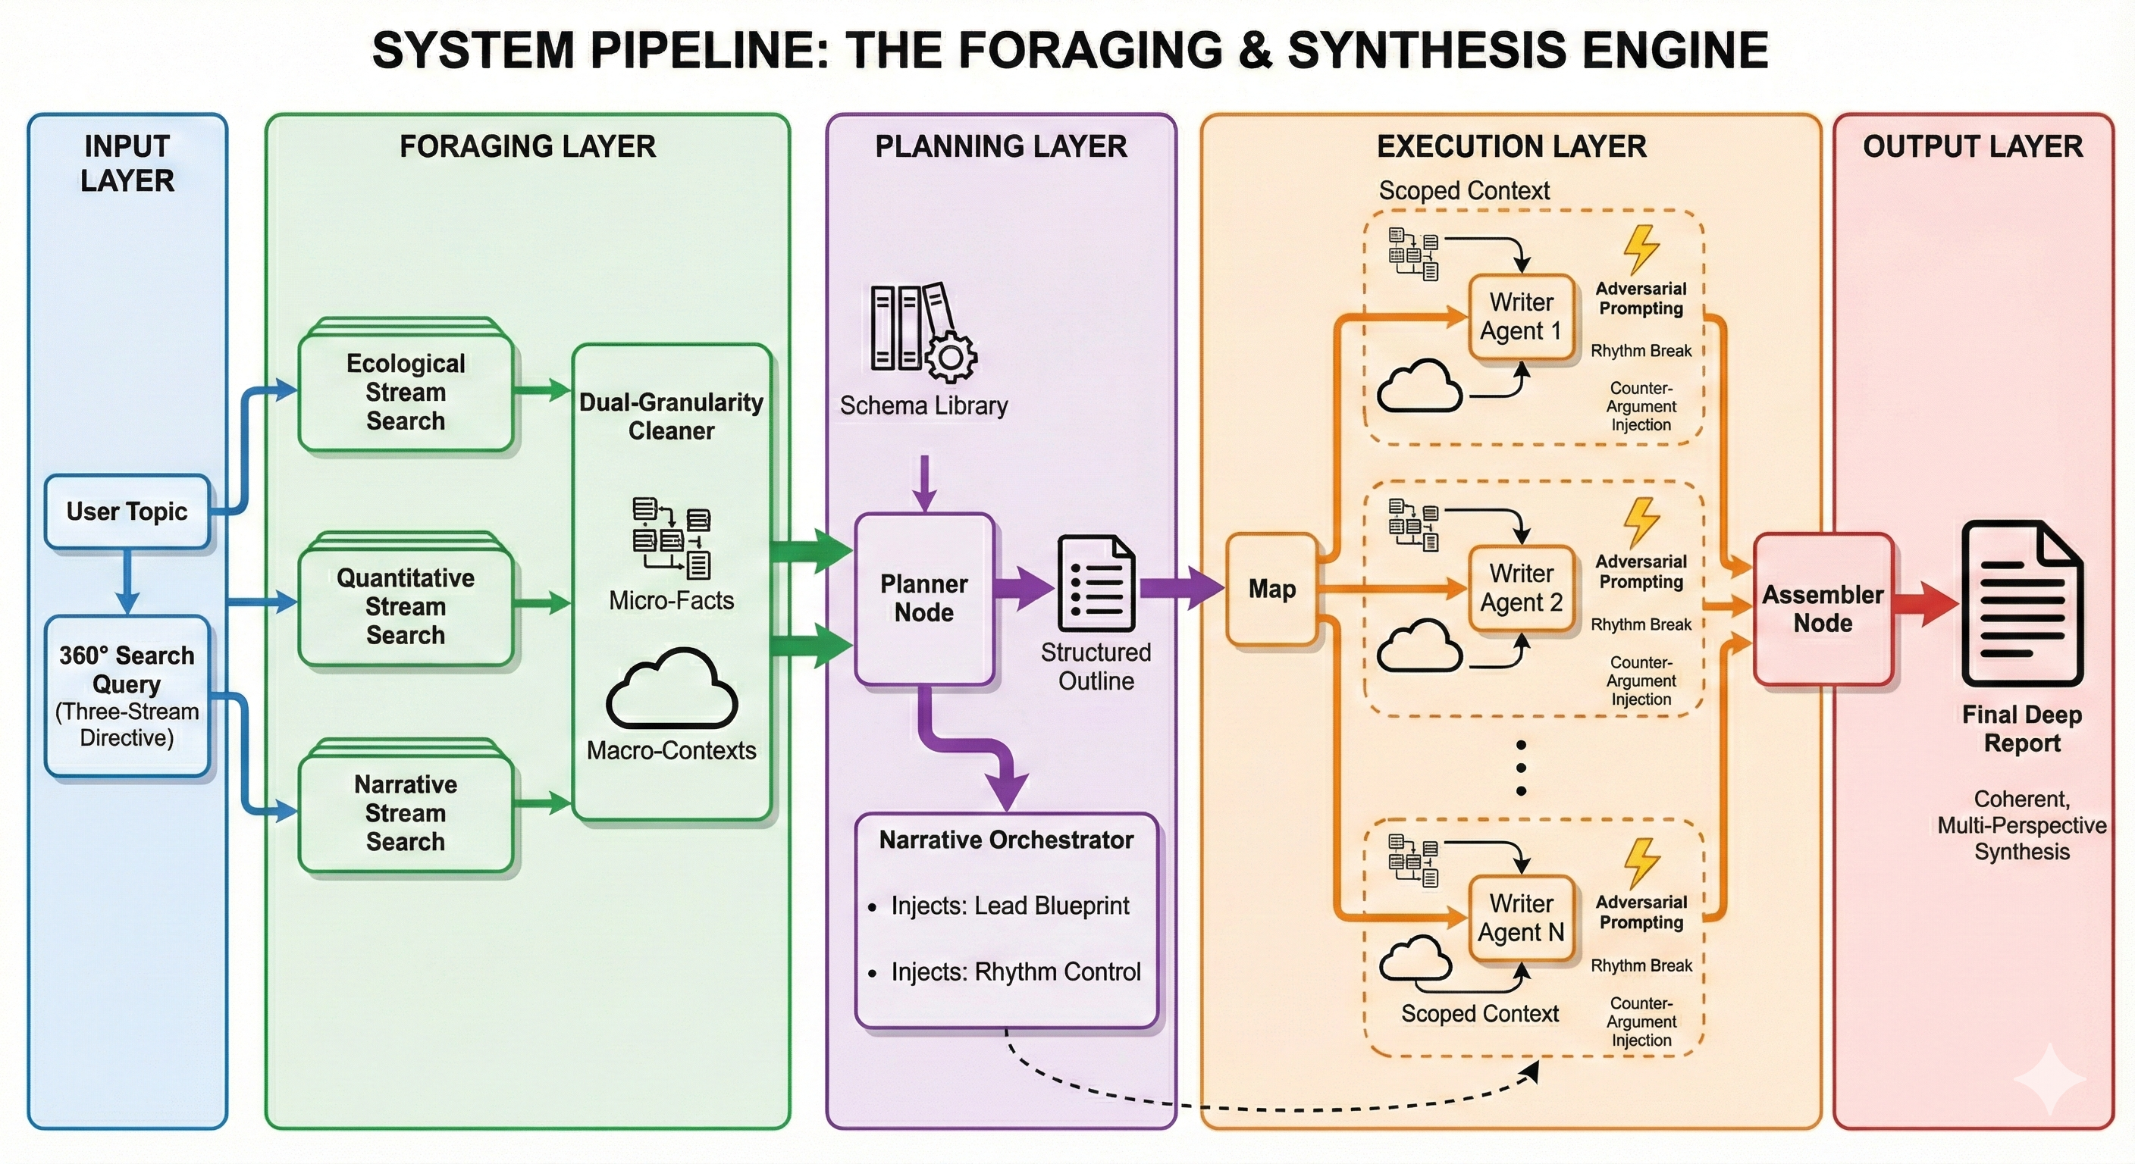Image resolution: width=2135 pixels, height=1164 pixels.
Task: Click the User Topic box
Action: point(127,512)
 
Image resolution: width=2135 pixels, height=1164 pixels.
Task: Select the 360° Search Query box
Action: point(127,696)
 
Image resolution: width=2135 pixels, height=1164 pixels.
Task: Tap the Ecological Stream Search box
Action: point(406,392)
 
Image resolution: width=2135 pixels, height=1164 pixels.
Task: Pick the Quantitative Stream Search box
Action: point(406,605)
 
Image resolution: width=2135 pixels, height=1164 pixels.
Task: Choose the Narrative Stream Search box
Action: point(406,812)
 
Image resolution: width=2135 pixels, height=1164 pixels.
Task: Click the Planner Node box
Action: point(924,598)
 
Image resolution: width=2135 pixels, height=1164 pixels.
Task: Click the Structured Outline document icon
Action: point(1096,585)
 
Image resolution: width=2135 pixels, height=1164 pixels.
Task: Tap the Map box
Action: point(1271,589)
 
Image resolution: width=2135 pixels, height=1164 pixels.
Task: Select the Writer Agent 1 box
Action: point(1521,317)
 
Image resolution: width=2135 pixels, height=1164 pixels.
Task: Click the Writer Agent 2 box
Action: point(1521,587)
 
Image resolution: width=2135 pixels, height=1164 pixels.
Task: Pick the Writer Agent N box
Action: point(1521,918)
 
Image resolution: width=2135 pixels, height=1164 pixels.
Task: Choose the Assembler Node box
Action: point(1823,609)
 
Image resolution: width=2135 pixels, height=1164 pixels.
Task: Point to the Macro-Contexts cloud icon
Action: point(671,690)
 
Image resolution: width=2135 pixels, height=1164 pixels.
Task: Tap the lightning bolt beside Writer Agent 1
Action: point(1640,249)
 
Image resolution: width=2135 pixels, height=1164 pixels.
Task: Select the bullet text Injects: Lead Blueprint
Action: point(1009,906)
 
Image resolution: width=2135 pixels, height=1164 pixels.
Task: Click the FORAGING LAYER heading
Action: point(527,147)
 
